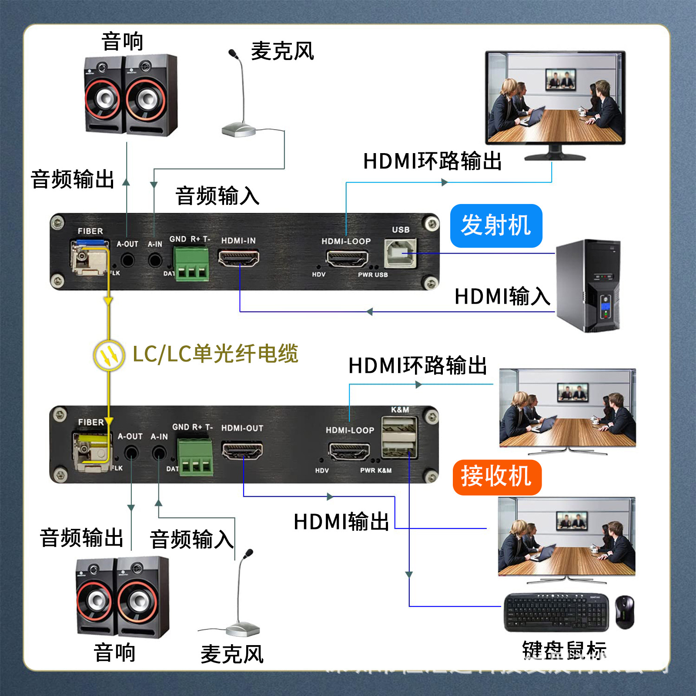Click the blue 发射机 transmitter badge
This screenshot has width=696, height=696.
pos(496,226)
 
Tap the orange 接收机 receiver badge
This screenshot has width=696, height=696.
pos(497,477)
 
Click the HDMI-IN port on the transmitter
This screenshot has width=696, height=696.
pos(238,259)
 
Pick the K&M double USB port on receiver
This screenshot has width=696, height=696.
pos(399,437)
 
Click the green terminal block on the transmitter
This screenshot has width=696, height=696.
pos(191,264)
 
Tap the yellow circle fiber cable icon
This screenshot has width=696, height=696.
pos(109,355)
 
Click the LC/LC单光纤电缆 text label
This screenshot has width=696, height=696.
pos(215,354)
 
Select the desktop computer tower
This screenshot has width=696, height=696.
pos(588,286)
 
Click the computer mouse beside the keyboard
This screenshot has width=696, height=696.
pos(624,612)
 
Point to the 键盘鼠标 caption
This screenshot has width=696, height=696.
pos(564,651)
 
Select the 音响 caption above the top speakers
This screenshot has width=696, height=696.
pos(122,42)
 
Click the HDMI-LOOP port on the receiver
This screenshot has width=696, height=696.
pos(349,451)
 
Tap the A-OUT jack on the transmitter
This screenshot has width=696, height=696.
pos(127,261)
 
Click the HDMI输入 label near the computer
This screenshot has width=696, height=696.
pos(502,297)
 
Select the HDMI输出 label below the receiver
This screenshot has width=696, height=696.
pos(341,522)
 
